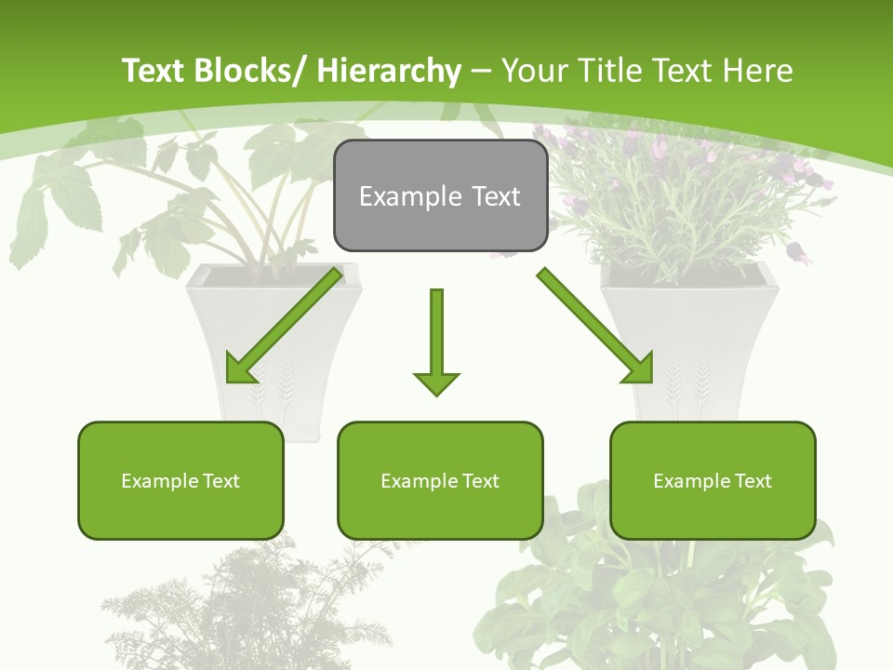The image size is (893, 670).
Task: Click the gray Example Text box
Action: [440, 196]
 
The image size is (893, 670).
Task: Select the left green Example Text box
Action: [180, 480]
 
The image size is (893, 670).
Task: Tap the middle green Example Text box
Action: [440, 480]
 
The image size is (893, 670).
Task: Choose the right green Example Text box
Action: [713, 480]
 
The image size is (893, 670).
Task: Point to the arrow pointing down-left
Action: [285, 325]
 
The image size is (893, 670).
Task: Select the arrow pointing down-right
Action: [595, 325]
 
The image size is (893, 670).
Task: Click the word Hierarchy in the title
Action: [388, 71]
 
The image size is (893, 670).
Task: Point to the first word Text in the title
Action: [153, 71]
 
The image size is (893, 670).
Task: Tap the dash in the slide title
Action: [481, 72]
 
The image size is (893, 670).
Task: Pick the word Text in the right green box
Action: [753, 480]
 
